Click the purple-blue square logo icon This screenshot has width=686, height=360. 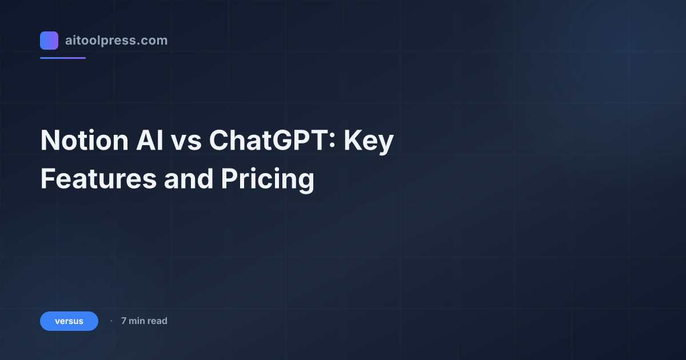(49, 41)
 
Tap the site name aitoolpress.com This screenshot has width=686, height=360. (116, 41)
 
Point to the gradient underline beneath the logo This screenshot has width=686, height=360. (63, 58)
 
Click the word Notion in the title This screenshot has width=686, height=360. (79, 141)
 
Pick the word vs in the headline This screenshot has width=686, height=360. (186, 141)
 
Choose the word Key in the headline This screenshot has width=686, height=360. (369, 141)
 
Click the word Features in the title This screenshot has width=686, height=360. (98, 179)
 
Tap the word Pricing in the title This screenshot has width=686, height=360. (268, 179)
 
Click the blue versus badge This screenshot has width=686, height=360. (69, 321)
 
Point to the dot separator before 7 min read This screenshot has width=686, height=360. (111, 321)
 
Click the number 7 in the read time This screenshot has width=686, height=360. (123, 321)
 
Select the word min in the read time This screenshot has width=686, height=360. (137, 321)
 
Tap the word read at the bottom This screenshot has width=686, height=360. (157, 321)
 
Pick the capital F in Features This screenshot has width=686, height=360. (47, 179)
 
